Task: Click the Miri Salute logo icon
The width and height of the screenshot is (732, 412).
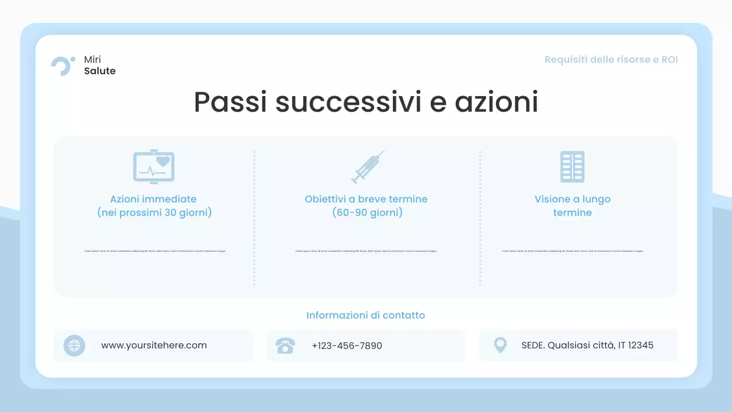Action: click(62, 65)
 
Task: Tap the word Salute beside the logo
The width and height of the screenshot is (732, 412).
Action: click(100, 71)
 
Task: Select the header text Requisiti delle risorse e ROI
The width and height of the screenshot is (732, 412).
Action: click(611, 60)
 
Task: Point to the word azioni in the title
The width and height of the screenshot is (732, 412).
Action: click(496, 102)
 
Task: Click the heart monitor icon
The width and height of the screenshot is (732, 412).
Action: click(154, 167)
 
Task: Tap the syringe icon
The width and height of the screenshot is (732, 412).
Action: click(367, 167)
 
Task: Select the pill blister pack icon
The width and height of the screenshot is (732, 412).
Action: click(572, 167)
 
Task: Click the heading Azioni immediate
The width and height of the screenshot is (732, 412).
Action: click(153, 199)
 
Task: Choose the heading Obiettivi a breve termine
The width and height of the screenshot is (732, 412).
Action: click(366, 199)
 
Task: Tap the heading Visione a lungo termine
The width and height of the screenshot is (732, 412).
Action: click(572, 206)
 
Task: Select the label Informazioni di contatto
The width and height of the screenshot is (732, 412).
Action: click(365, 315)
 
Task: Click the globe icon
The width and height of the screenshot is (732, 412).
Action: click(74, 346)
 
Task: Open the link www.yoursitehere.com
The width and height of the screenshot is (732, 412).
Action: click(154, 346)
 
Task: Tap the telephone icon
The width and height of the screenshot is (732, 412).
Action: click(285, 346)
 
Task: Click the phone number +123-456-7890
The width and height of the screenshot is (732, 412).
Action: click(347, 346)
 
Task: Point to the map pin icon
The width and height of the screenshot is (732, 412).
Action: click(500, 345)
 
